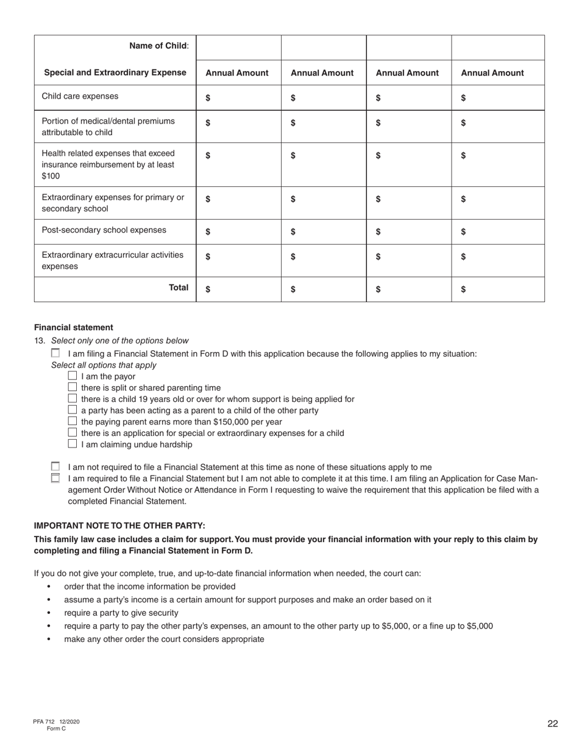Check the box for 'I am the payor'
[73, 376]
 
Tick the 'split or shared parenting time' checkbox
[73, 387]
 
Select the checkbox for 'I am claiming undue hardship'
[73, 444]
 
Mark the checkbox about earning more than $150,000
[73, 421]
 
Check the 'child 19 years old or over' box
[73, 399]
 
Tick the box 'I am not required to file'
[55, 466]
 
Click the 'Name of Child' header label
[158, 46]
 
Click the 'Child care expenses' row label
[80, 96]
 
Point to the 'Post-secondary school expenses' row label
[104, 230]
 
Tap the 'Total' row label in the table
[179, 287]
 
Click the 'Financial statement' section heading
[73, 327]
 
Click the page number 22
[552, 723]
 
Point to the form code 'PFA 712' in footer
[44, 722]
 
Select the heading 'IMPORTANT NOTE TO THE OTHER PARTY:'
[119, 526]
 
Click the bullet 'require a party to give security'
[121, 613]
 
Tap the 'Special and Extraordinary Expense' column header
[115, 72]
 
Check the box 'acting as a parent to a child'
[73, 410]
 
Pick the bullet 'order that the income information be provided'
[149, 586]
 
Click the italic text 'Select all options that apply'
[104, 365]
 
